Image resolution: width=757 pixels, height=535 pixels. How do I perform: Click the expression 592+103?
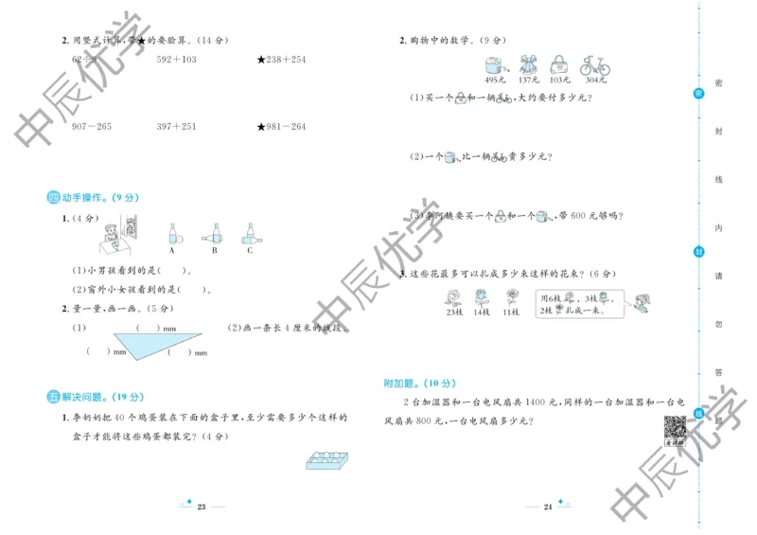point(177,60)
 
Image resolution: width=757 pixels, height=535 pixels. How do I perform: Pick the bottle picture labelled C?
point(250,233)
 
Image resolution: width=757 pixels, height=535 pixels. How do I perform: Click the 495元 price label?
point(492,80)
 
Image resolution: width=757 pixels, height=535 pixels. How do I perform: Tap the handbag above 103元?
point(560,65)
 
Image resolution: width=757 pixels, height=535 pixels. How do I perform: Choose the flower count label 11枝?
point(512,312)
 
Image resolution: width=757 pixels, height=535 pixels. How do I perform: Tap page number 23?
point(202,508)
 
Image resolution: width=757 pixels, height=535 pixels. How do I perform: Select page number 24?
point(548,508)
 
